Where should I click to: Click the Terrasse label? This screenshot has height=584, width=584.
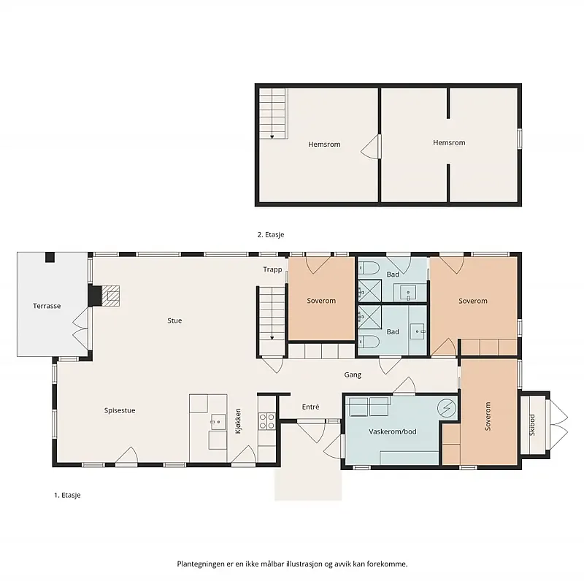coord(47,306)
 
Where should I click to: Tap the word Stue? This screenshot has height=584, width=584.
coord(174,320)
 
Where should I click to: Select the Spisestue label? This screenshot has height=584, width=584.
coord(120,410)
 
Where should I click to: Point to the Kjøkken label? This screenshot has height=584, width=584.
coord(239,421)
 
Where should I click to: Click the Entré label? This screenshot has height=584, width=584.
coord(311,407)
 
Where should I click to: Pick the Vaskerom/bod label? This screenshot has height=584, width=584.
coord(393,431)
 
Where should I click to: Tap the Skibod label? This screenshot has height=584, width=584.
coord(532,425)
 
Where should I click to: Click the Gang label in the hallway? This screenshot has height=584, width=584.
coord(353,374)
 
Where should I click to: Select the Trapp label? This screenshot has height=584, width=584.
coord(272,269)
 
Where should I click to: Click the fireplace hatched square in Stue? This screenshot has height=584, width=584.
coord(110,296)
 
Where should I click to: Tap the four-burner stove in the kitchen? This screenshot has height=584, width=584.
coord(267,421)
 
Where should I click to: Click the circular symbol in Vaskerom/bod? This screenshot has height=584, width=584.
coord(447,408)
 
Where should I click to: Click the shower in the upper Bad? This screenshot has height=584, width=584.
coord(369,291)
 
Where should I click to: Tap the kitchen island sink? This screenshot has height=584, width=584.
coord(218,422)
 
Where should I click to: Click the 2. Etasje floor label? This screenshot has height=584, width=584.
coord(271,234)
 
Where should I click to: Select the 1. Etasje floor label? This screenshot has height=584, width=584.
coord(67,495)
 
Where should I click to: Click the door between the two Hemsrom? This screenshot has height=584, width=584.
coord(372,147)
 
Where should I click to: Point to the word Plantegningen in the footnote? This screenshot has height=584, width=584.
coord(201,564)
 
